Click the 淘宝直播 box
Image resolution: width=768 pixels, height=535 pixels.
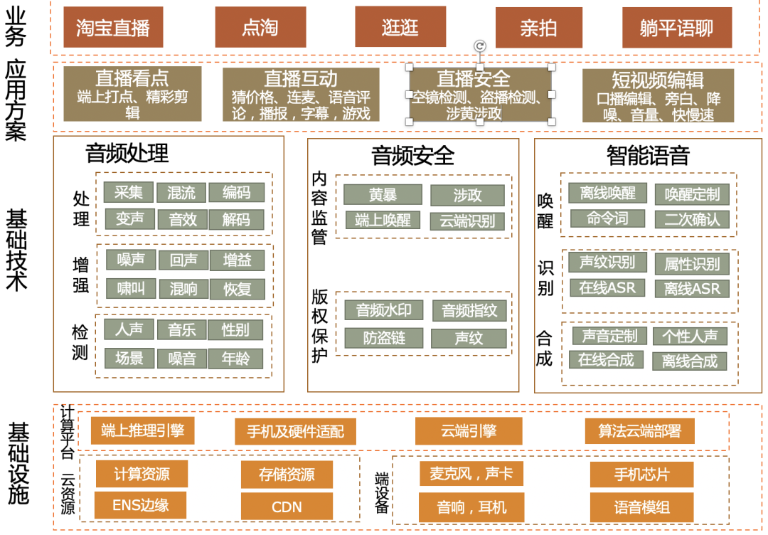(x=113, y=28)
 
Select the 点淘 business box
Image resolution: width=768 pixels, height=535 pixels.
(x=260, y=28)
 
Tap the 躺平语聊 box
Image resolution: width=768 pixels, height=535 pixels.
(x=676, y=28)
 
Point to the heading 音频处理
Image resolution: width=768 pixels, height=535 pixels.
(x=127, y=153)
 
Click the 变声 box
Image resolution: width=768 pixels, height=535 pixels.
(x=129, y=218)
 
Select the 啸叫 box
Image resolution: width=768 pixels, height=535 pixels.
(x=130, y=288)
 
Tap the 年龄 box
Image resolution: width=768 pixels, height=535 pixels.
(x=235, y=359)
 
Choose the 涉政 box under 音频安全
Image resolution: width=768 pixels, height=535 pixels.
(x=467, y=195)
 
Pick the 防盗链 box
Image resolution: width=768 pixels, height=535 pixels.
(x=383, y=337)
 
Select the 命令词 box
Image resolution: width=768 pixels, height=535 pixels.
(x=607, y=218)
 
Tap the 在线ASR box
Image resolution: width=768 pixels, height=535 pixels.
(x=607, y=287)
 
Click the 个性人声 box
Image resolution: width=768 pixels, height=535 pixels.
(x=690, y=336)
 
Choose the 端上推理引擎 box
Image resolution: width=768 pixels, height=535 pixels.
(x=143, y=430)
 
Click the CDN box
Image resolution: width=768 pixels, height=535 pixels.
(x=287, y=507)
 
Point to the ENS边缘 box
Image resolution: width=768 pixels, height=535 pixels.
(x=141, y=505)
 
